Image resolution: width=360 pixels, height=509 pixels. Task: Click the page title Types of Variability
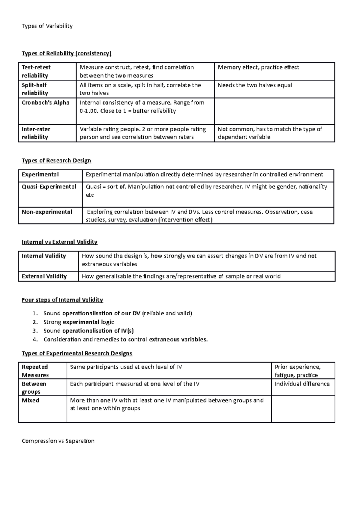(x=47, y=26)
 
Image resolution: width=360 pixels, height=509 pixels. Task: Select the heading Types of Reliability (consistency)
(x=66, y=54)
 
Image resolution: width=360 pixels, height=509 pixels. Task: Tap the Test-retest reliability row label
(x=36, y=71)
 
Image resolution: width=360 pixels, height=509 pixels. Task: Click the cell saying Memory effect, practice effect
(x=258, y=67)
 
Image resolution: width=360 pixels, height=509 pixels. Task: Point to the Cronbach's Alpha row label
(x=45, y=103)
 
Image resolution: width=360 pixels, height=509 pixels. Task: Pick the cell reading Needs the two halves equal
(x=255, y=85)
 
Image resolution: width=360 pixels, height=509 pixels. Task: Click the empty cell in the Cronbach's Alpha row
(x=274, y=111)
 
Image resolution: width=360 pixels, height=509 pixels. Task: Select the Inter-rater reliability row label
(x=36, y=133)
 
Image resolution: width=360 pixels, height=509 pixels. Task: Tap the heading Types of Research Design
(x=56, y=161)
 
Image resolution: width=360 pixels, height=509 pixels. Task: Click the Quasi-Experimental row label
(x=49, y=187)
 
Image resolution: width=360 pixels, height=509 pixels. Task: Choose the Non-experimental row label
(x=47, y=212)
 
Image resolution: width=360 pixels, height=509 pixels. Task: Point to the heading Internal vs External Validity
(x=59, y=242)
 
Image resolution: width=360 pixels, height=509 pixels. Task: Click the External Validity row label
(x=44, y=276)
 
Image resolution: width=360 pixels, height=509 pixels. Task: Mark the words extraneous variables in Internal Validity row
(x=109, y=264)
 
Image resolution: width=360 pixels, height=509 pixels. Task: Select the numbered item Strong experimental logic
(x=79, y=322)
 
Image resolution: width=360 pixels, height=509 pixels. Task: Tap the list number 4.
(x=35, y=340)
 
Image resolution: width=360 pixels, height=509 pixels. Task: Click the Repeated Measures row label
(x=35, y=371)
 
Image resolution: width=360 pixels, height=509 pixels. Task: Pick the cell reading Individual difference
(x=302, y=384)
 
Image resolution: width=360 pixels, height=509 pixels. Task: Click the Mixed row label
(x=30, y=400)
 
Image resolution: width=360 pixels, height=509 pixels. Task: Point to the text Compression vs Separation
(x=58, y=441)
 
